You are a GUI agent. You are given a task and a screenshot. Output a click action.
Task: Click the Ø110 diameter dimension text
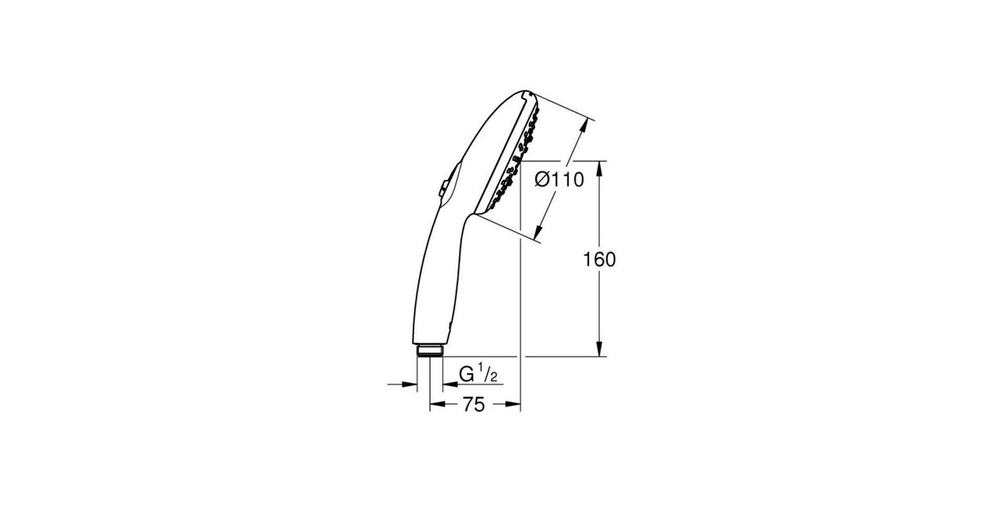tap(560, 180)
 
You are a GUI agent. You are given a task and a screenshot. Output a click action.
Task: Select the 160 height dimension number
tap(599, 259)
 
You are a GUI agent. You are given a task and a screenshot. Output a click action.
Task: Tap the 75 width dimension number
tap(474, 404)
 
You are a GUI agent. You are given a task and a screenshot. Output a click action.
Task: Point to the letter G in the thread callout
tap(467, 375)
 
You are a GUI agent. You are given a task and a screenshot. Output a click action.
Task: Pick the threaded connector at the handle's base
tap(430, 350)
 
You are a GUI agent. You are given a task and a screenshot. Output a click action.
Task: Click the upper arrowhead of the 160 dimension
tap(600, 169)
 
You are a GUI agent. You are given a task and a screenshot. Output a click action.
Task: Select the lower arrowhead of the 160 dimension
tap(600, 349)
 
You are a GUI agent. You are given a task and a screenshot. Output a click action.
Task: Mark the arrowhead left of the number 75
tap(437, 404)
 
